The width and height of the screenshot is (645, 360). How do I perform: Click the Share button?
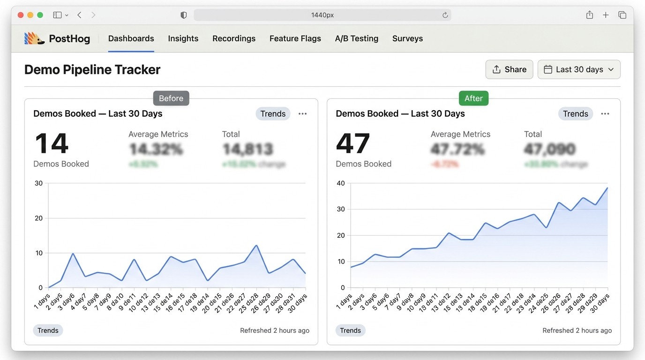click(509, 69)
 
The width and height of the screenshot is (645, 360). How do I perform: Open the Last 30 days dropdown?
click(579, 69)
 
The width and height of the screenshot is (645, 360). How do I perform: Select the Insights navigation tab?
click(183, 38)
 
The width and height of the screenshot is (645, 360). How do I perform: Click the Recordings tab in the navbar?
click(234, 38)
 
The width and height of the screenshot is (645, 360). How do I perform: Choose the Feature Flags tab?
click(295, 38)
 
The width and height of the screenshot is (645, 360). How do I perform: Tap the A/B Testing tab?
click(356, 38)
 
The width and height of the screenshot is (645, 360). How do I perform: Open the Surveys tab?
click(407, 38)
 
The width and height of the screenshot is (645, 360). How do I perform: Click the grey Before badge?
click(171, 98)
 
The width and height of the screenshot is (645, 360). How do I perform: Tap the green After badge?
click(473, 98)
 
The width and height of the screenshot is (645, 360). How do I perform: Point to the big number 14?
click(52, 143)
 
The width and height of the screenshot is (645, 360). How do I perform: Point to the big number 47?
click(353, 143)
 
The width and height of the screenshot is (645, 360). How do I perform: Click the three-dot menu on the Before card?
click(303, 114)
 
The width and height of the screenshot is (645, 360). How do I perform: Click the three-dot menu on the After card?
click(605, 114)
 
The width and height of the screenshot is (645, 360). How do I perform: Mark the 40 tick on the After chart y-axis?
click(340, 183)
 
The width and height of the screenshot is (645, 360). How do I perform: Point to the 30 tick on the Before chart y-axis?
click(38, 183)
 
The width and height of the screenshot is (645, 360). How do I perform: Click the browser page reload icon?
click(445, 15)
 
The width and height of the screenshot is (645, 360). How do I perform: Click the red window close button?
click(21, 15)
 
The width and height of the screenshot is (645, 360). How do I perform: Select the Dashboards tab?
click(131, 38)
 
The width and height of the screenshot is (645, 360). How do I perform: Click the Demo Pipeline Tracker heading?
click(92, 70)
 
